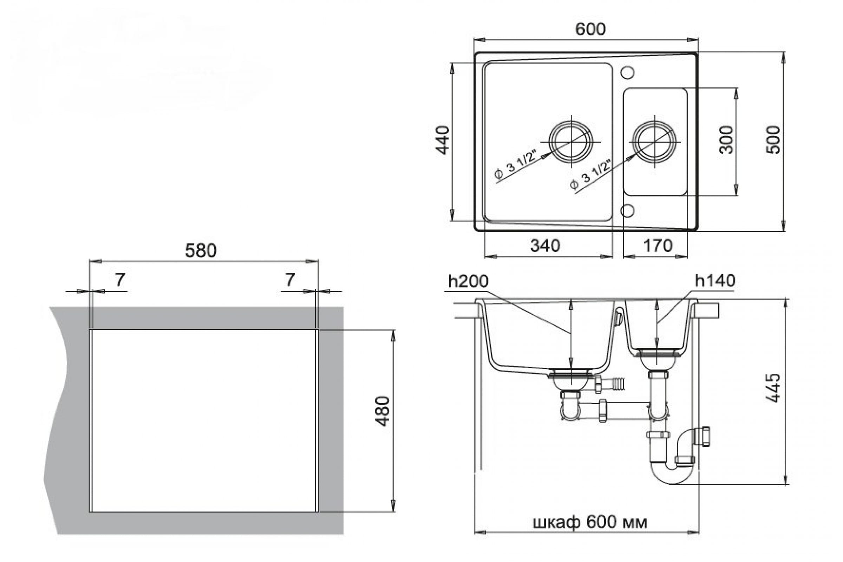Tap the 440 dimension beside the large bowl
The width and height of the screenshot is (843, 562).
click(x=443, y=140)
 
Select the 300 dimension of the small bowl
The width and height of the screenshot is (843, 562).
click(x=726, y=140)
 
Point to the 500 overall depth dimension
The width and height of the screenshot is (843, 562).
click(x=773, y=140)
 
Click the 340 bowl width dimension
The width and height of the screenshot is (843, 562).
click(x=545, y=246)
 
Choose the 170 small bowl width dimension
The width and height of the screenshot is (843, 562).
click(x=658, y=246)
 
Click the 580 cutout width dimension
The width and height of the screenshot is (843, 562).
click(x=201, y=250)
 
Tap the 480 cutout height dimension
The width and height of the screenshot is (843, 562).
click(x=383, y=411)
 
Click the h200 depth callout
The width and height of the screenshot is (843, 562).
click(x=468, y=281)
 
